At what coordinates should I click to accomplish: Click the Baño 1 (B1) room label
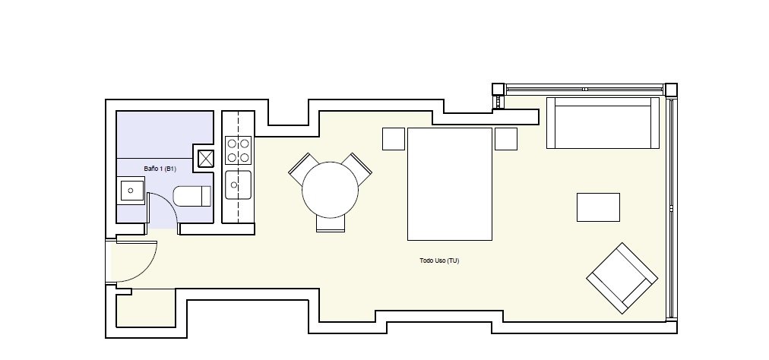[160, 169]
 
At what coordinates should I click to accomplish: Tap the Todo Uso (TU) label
[439, 261]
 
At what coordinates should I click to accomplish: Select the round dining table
[330, 190]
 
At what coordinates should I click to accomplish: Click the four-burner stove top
[239, 150]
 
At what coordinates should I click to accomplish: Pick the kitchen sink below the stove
[239, 185]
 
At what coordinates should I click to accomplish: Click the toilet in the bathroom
[191, 196]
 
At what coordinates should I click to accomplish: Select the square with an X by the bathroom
[206, 159]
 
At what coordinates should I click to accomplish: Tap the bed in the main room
[450, 184]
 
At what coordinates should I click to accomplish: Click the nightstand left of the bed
[394, 139]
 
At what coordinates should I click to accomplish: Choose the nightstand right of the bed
[506, 139]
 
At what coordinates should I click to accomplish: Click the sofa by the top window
[603, 122]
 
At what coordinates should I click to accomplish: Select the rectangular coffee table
[598, 207]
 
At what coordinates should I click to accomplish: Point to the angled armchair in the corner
[622, 278]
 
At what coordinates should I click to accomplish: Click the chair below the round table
[331, 223]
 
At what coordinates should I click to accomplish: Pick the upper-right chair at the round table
[358, 169]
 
